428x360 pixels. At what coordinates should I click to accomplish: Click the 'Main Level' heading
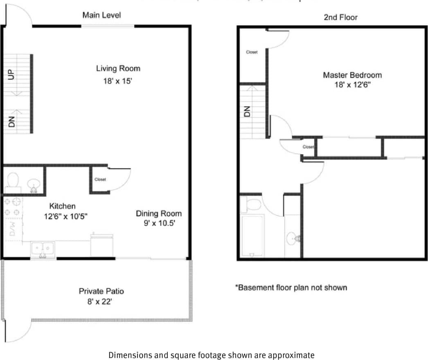[102, 16]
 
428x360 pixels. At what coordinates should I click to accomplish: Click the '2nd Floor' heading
[340, 17]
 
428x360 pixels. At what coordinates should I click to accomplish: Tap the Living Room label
[118, 68]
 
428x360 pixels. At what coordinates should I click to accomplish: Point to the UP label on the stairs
[11, 75]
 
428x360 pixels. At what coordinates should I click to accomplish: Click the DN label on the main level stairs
[11, 121]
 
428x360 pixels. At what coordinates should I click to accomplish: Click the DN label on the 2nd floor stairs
[247, 112]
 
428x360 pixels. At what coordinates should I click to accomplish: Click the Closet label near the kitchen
[100, 179]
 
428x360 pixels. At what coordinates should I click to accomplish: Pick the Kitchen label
[62, 206]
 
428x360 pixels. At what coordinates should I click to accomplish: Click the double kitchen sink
[43, 248]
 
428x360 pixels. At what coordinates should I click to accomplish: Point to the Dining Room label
[159, 214]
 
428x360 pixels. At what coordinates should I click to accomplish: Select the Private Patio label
[101, 291]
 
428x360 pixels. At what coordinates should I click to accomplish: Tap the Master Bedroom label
[352, 75]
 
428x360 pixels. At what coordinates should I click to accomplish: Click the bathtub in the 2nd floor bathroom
[252, 236]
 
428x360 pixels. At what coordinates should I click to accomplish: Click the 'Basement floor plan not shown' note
[291, 288]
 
